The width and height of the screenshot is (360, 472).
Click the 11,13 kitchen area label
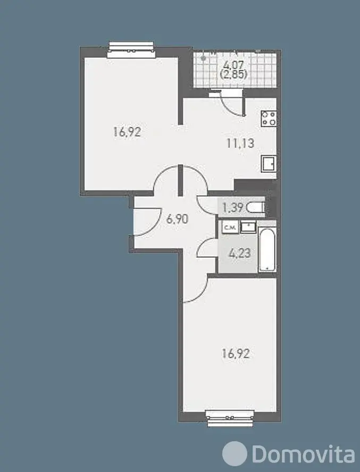[240, 143]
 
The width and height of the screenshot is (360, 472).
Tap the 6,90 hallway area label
[178, 219]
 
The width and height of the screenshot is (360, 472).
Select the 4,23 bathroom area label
[240, 253]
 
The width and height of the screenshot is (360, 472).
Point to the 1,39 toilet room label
[232, 207]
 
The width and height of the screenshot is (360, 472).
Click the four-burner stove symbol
[269, 119]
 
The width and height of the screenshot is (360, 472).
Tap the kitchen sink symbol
[269, 164]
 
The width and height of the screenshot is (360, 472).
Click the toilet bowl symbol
[255, 208]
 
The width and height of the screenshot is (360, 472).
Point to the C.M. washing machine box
[230, 227]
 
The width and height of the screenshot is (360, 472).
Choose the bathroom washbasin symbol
[248, 227]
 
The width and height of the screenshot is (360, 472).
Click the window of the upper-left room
[131, 49]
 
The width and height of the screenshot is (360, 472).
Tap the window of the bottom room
[230, 418]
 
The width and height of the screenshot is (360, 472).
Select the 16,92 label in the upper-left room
[127, 132]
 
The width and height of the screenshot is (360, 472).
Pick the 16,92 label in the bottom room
[236, 353]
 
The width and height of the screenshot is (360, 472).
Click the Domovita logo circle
[235, 453]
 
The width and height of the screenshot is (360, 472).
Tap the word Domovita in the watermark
[303, 453]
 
